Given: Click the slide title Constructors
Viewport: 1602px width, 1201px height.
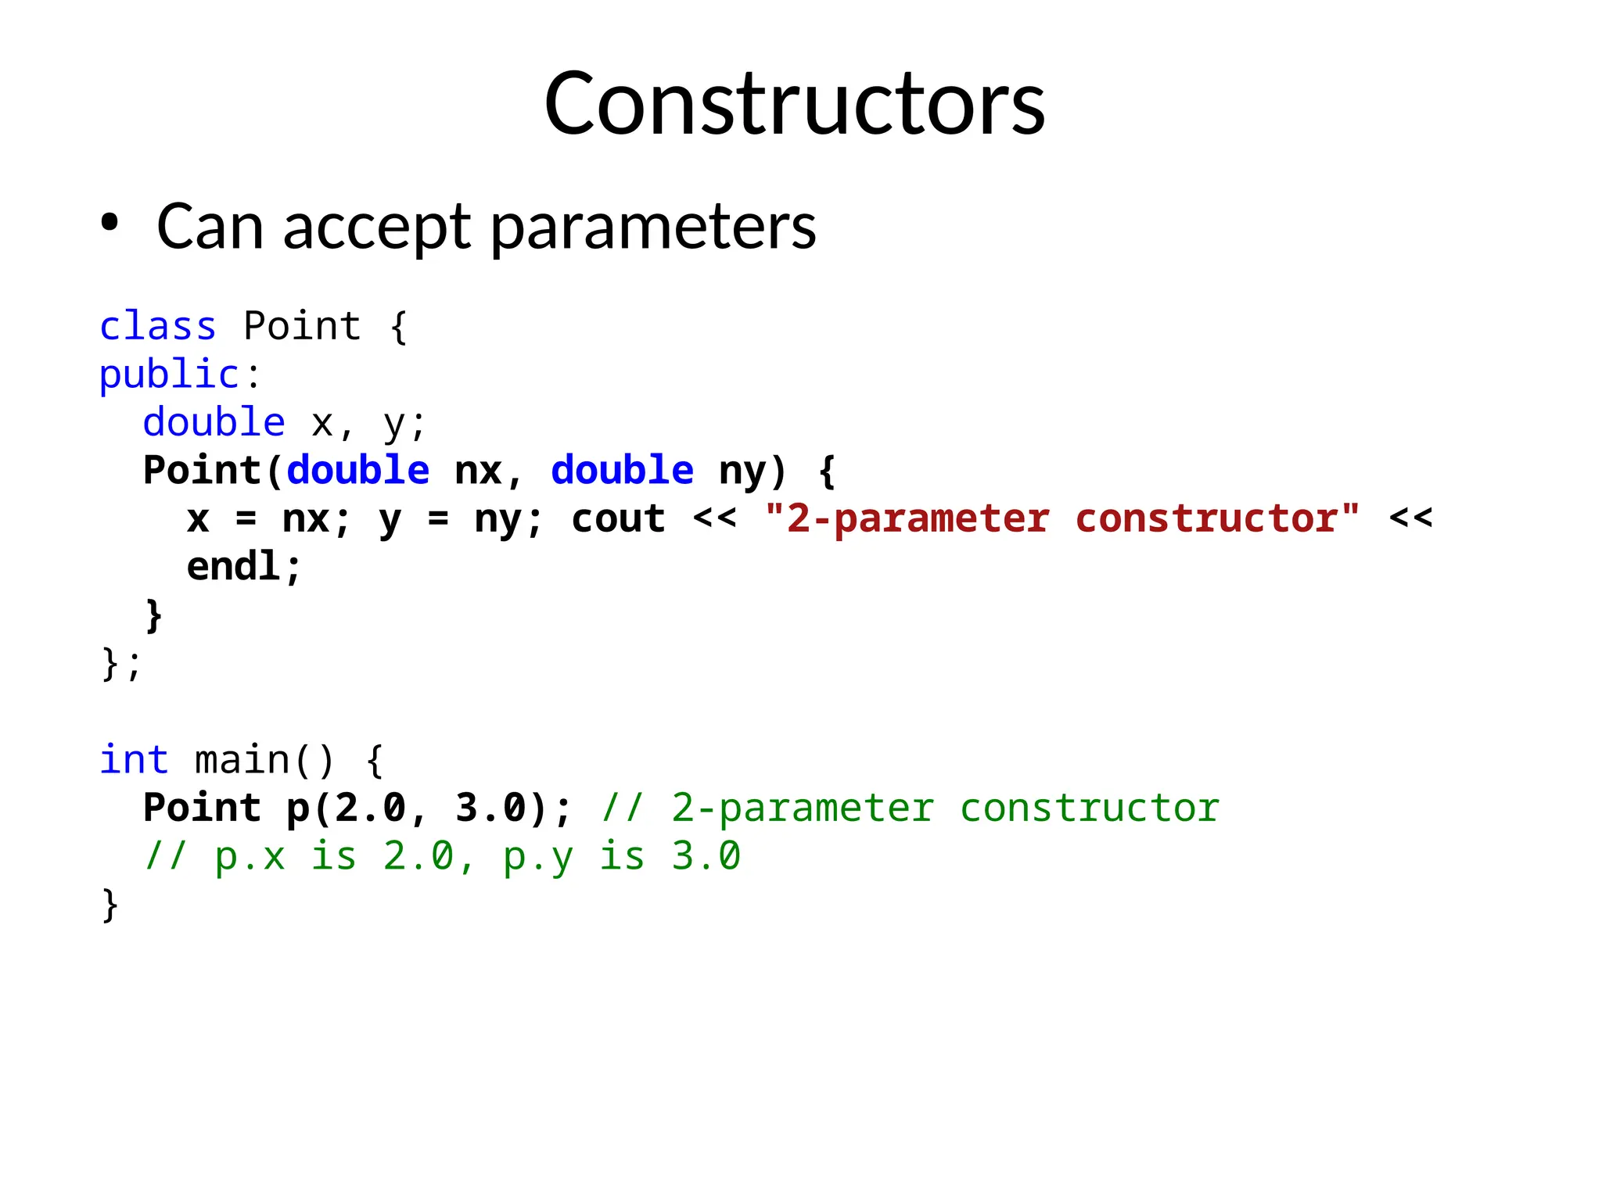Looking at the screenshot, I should coord(794,103).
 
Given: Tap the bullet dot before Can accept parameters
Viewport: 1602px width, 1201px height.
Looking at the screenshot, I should coord(110,224).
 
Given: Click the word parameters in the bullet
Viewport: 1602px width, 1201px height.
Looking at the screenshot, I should coord(653,228).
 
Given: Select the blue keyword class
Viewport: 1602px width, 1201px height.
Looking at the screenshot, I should coord(157,326).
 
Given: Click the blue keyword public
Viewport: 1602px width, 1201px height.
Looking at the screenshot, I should coord(169,375).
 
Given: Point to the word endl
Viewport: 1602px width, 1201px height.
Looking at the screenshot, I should coord(233,566).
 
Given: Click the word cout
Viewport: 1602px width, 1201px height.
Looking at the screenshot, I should coord(618,518).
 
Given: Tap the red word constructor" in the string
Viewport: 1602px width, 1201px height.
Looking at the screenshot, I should coord(1217,518).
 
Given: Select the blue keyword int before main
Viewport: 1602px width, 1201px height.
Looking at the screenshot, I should coord(134,760).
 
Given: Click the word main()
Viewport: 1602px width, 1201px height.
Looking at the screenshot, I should coord(264,760).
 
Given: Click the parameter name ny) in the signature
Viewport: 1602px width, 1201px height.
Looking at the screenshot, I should coord(752,471).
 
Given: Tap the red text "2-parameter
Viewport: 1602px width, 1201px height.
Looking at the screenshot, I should coord(907,518).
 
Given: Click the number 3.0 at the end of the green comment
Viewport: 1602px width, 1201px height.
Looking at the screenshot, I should coord(706,856).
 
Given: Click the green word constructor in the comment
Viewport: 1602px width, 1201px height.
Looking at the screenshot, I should coord(1089,808).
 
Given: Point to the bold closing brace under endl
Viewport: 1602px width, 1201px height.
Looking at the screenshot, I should coord(154,615).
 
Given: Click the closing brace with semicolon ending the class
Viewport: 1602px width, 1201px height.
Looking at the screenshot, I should coord(120,664).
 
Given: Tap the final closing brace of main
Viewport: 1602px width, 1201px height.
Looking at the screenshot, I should coord(110,905).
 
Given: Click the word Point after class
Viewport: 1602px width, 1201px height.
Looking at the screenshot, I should coord(302,326).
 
